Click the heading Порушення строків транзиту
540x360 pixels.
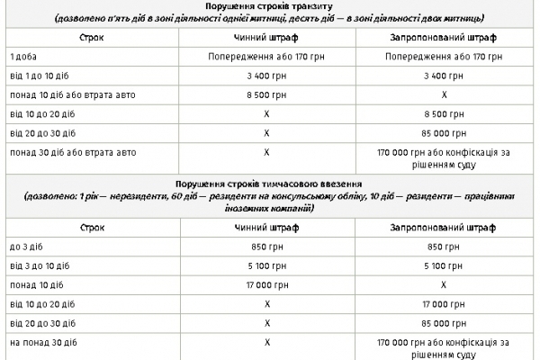[270, 5]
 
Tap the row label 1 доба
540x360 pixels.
[23, 56]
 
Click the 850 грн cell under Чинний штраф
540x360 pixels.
[267, 246]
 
